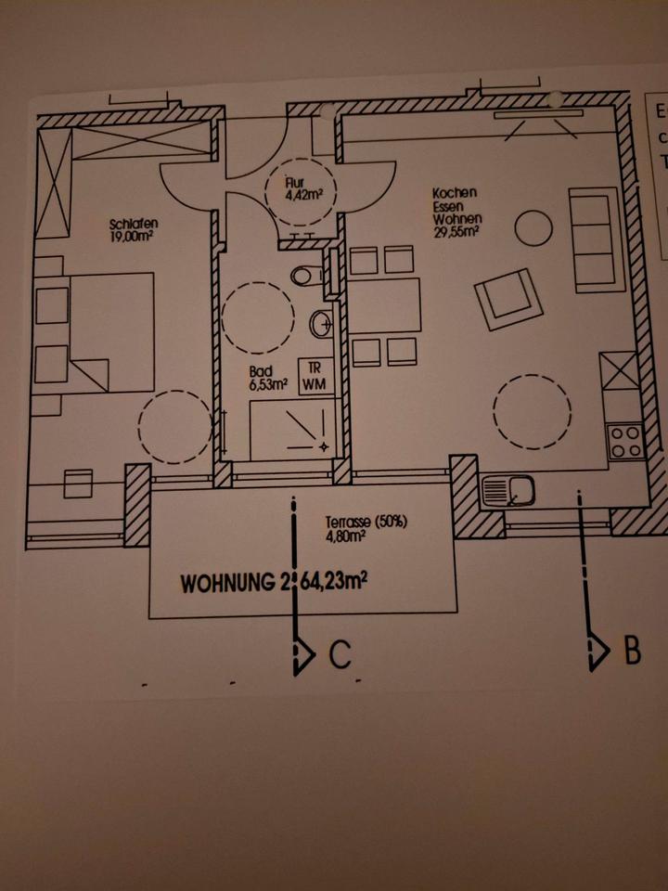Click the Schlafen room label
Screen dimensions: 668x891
coord(133,223)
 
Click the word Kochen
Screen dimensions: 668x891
coord(455,193)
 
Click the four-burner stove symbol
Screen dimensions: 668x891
coord(624,440)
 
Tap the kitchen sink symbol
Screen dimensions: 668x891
coord(508,489)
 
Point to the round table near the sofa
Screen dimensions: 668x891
coord(533,228)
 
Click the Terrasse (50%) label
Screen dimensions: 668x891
coord(366,522)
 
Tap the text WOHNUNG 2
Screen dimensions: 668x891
coord(232,585)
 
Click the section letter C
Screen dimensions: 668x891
coord(340,655)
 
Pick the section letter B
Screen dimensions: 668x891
coord(631,651)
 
